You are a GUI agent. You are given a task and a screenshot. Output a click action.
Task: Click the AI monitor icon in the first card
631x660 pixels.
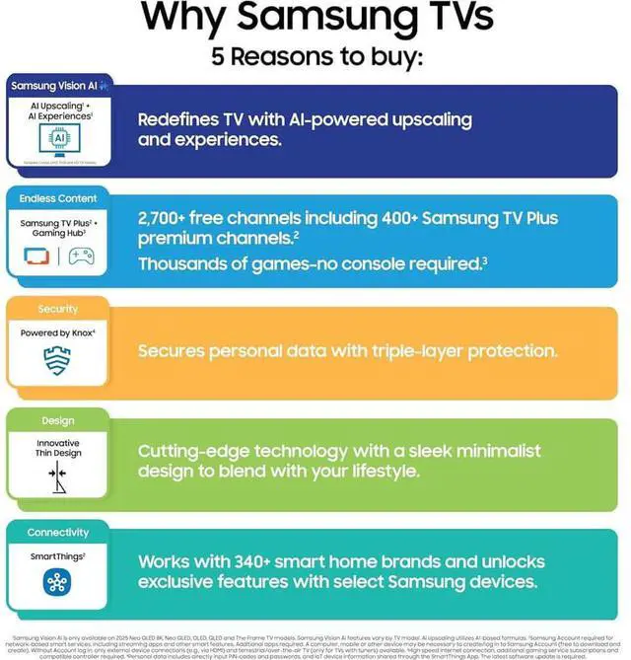pos(58,139)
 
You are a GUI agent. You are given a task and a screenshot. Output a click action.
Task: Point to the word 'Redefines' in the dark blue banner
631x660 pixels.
pos(176,119)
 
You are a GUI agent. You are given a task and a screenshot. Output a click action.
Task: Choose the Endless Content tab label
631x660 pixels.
pos(58,198)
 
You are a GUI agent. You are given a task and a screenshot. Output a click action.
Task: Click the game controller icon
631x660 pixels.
pos(81,257)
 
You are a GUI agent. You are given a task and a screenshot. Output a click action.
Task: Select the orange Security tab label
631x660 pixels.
pos(58,309)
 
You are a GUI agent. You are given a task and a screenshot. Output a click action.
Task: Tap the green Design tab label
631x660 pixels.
pos(58,420)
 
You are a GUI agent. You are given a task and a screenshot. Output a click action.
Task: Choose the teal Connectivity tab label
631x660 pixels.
pos(58,532)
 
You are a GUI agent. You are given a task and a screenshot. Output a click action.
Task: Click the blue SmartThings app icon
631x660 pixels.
pos(57,583)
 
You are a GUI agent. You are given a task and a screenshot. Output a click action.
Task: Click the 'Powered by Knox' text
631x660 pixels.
pos(58,333)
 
